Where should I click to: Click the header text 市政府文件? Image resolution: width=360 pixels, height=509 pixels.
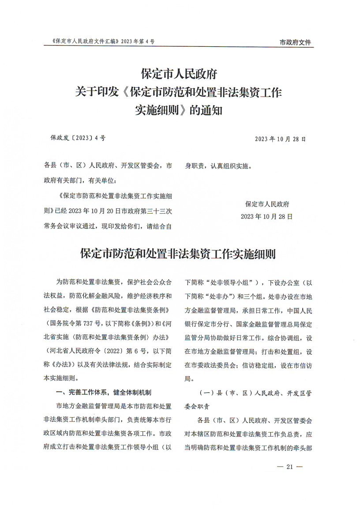(295, 42)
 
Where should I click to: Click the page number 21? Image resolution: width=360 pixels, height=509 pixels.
(289, 467)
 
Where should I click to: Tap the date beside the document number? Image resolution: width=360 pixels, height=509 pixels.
(280, 139)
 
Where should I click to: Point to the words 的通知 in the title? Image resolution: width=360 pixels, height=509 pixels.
(206, 110)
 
